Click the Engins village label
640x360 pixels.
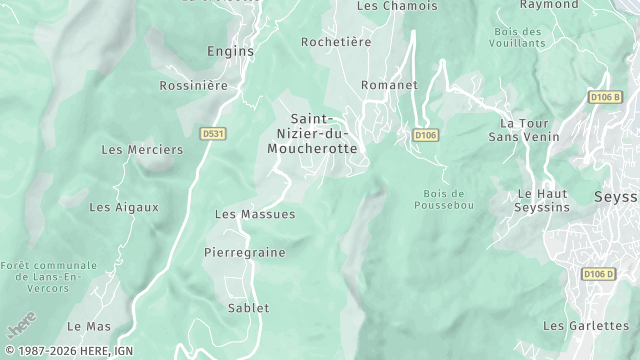coord(231,50)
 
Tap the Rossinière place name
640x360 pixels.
coord(195,86)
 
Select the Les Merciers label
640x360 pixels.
coord(143,150)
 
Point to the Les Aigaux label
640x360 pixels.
coord(124,208)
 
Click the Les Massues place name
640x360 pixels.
coord(255,214)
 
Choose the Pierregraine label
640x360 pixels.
coord(244,253)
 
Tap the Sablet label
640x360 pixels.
coord(248,308)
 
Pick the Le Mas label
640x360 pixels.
coord(89,327)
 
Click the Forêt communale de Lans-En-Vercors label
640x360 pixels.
coord(49,276)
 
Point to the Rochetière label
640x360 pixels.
coord(336,42)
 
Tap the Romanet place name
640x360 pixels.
coord(389,85)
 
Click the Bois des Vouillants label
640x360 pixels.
coord(519,37)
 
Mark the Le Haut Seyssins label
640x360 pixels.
coord(543,200)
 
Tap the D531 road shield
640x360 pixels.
coord(211,133)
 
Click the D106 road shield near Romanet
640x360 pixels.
coord(425,135)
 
